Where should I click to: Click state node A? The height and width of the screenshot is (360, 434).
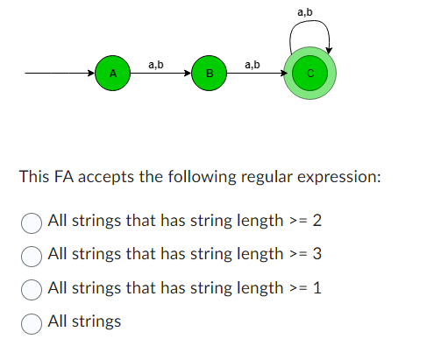pos(112,73)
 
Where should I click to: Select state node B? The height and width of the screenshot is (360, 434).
pos(209,73)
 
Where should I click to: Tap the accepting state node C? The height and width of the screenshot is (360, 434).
pos(309,74)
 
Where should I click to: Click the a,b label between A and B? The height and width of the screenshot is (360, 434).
pos(156,63)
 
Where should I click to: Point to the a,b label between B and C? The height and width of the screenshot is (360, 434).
pos(253,63)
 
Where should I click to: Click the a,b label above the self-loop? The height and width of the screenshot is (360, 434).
pos(306,11)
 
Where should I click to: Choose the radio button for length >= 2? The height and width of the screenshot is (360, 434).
pos(32,221)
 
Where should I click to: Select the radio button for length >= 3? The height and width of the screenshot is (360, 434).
pos(32,255)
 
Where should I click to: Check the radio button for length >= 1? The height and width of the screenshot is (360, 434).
pos(32,288)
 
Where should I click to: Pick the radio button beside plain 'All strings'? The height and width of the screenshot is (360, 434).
pos(32,321)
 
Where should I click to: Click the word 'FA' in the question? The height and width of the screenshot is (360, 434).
pos(66,177)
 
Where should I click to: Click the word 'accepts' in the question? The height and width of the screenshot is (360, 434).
pos(110,177)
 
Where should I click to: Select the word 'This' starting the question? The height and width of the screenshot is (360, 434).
pos(35,177)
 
